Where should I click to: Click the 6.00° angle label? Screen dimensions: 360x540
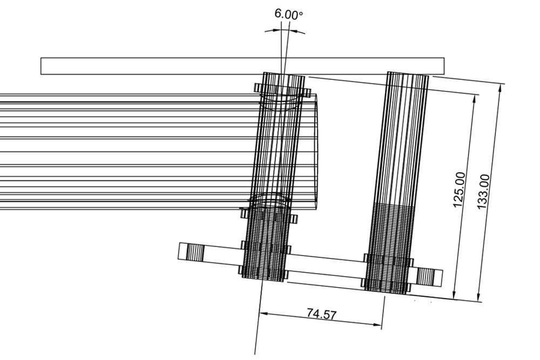pos(288,14)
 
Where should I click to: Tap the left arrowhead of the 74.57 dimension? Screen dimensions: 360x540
pos(263,313)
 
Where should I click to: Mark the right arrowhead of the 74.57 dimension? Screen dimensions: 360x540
pos(379,324)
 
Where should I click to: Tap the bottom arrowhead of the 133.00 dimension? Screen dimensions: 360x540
pos(478,297)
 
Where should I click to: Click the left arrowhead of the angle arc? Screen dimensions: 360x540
pos(267,32)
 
